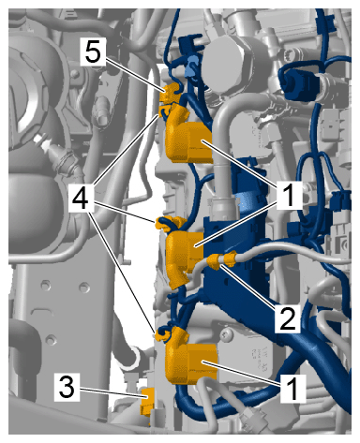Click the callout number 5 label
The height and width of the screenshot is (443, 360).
[x=93, y=52]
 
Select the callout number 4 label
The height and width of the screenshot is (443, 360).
[x=81, y=199]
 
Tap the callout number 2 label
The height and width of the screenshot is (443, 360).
[x=288, y=318]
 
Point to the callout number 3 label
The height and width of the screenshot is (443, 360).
[x=67, y=387]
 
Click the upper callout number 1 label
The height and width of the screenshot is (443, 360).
[x=290, y=196]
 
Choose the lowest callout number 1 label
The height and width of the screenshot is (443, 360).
[x=292, y=389]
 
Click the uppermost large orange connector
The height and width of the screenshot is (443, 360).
[x=188, y=139]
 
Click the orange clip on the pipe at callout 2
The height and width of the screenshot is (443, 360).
[x=222, y=260]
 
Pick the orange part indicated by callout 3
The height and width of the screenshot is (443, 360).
[x=147, y=402]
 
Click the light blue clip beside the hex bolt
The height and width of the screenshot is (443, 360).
[x=192, y=67]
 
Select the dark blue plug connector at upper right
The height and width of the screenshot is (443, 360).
[x=299, y=82]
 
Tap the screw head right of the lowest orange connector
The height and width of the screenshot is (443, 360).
[x=227, y=335]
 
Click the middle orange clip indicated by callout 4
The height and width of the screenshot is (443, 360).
[x=169, y=222]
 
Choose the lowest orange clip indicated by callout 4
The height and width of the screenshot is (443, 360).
[x=162, y=334]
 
